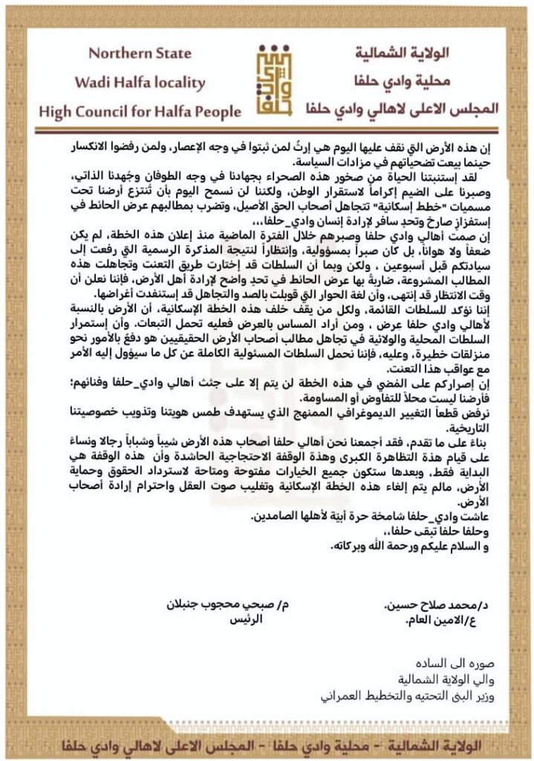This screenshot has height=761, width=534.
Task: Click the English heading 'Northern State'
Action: [140, 54]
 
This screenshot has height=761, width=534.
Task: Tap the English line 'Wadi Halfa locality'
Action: [140, 82]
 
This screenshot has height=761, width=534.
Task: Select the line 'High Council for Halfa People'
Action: [140, 111]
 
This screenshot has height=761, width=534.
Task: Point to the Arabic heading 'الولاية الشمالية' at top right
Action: [423, 54]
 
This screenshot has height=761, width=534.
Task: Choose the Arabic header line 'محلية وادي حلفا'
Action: [424, 82]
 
